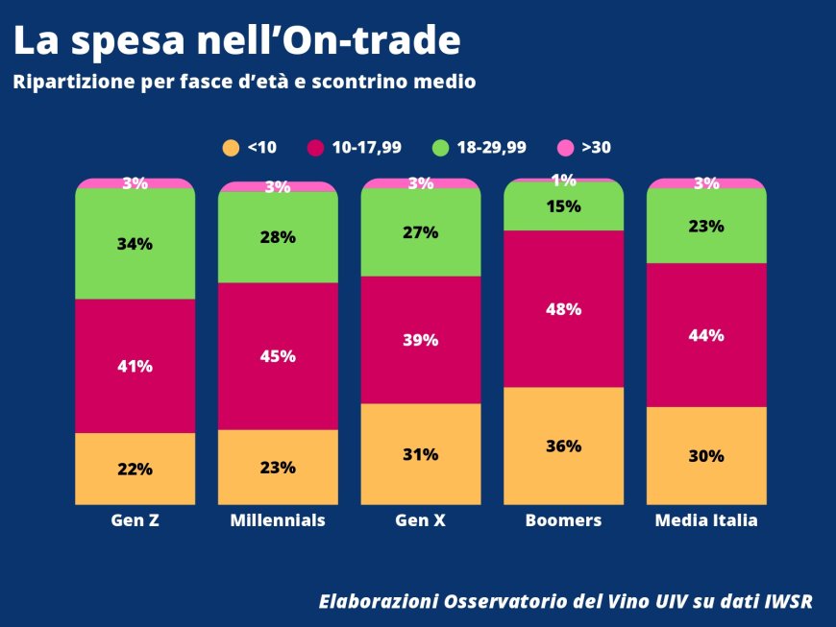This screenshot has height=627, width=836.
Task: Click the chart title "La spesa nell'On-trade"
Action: pos(236,40)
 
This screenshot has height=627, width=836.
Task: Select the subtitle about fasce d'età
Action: pos(244,83)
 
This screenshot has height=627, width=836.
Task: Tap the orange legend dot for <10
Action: pos(231,148)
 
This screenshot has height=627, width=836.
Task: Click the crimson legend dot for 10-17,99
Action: pos(315,148)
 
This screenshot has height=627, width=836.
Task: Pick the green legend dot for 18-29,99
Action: pos(441,148)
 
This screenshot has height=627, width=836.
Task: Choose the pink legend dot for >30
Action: pos(566,148)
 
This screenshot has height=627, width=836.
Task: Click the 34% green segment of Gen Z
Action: pos(135,244)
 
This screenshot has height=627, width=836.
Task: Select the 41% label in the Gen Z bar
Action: pos(135,366)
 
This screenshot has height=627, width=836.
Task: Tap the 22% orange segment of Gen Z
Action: pos(135,470)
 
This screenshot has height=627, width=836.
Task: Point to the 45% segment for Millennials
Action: pos(278,356)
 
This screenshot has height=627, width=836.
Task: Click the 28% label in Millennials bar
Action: pos(278,237)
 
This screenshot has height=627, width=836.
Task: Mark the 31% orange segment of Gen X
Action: pos(421,454)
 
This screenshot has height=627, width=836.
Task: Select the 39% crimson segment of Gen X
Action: pos(421,340)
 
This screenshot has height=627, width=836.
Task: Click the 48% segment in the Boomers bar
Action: pos(563,309)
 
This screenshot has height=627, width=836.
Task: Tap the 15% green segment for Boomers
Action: pos(563,206)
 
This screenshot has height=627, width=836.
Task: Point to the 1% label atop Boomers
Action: pos(563,180)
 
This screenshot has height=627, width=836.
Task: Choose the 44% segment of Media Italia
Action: pos(706,335)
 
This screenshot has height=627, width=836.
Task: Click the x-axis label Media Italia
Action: pos(706,520)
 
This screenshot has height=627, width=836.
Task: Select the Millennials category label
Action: pos(278,520)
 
